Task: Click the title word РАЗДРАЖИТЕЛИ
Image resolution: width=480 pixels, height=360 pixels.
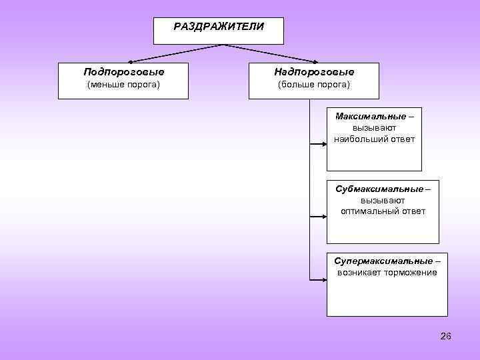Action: (218, 27)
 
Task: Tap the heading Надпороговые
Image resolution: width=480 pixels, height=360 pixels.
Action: (313, 71)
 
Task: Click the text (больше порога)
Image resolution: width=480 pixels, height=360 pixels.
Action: (313, 85)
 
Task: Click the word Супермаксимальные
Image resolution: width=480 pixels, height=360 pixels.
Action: (383, 261)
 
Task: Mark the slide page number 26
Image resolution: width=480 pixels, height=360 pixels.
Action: (446, 336)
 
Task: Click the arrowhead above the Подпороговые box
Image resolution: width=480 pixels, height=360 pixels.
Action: (127, 61)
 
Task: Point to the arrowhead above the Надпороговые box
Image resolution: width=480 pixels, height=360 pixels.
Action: (313, 61)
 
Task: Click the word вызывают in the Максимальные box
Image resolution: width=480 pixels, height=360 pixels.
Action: (374, 128)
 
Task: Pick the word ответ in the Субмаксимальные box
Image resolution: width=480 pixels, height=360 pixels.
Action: (413, 211)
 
